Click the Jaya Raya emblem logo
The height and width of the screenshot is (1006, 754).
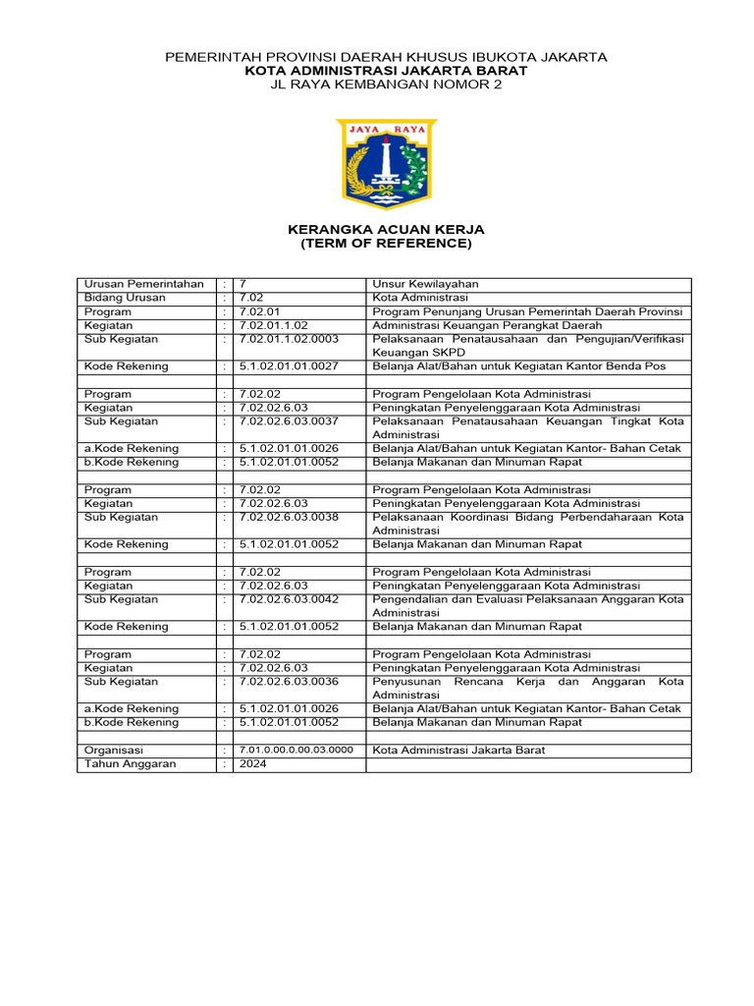coord(386,164)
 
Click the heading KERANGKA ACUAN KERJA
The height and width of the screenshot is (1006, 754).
coord(386,229)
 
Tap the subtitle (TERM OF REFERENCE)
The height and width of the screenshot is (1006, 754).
coord(386,243)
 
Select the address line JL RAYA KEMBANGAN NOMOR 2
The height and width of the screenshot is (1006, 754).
coord(386,84)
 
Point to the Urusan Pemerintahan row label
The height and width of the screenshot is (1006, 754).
coord(144,284)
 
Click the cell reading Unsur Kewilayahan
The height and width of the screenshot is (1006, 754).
coord(425,284)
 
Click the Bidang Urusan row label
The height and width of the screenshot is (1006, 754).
coord(126,298)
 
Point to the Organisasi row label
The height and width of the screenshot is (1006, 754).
coord(114,750)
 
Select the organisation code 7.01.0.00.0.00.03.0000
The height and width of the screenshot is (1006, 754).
coord(296,750)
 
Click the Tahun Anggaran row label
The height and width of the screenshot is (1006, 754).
coord(131,763)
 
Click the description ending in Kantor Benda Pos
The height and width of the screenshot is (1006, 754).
coord(519,366)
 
